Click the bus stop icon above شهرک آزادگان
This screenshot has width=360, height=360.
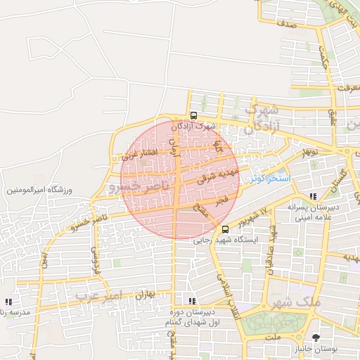click(193, 116)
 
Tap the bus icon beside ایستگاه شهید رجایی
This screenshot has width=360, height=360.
click(225, 229)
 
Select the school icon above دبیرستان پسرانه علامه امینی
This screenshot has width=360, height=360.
click(313, 195)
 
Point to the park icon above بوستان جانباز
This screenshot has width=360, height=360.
click(316, 338)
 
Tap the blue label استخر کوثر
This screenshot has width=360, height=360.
click(271, 179)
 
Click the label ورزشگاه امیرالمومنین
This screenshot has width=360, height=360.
click(39, 190)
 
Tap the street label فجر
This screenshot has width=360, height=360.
click(222, 200)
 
